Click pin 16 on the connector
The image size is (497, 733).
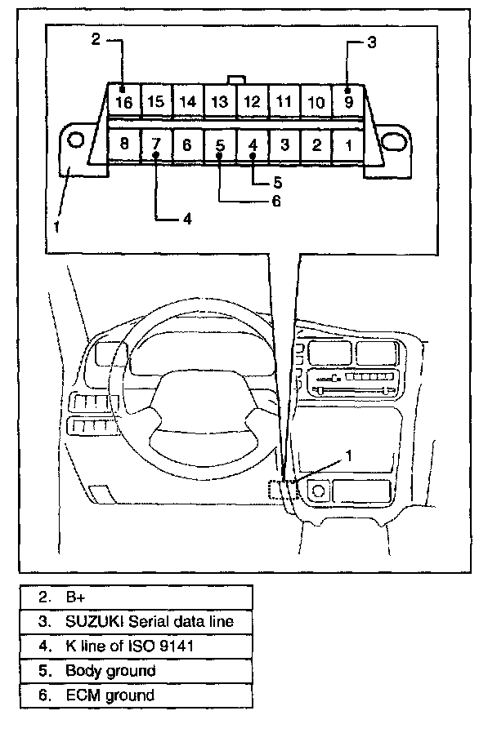[x=123, y=101]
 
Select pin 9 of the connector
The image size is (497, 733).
[x=348, y=101]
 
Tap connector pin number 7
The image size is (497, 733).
[x=155, y=144]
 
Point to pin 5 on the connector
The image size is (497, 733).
[x=220, y=145]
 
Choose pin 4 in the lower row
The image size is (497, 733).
[x=253, y=145]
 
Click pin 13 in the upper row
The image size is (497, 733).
[x=220, y=101]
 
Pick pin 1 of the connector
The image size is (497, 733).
[x=348, y=145]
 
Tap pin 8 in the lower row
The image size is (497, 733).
[x=123, y=144]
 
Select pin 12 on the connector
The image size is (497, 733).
[x=253, y=101]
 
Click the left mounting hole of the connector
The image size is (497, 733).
[x=75, y=140]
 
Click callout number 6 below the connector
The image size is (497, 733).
[x=275, y=200]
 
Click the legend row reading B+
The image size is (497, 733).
[x=136, y=597]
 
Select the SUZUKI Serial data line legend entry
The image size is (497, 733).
[x=136, y=621]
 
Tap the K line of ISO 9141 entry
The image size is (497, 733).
[x=136, y=646]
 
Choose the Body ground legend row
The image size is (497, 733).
[x=136, y=671]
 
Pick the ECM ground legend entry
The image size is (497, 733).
[x=136, y=695]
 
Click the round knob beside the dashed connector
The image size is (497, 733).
[x=316, y=491]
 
